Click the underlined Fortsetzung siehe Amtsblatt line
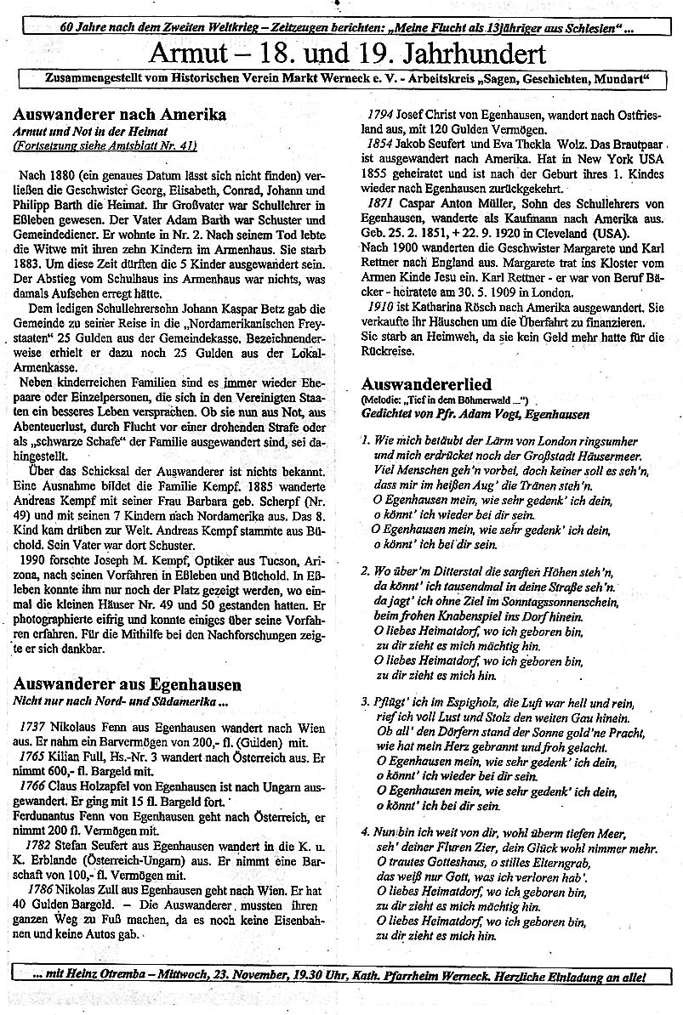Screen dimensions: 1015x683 point(104,145)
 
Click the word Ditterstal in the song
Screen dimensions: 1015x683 point(437,570)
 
